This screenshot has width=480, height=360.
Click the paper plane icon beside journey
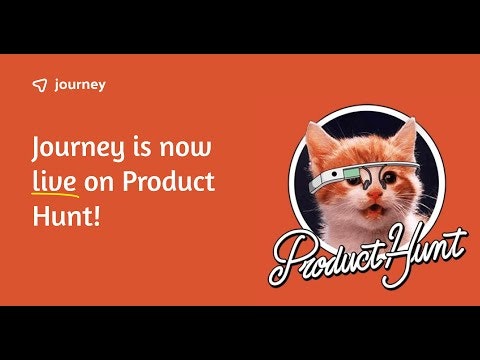(39, 86)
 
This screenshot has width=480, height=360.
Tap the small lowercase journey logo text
(81, 86)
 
